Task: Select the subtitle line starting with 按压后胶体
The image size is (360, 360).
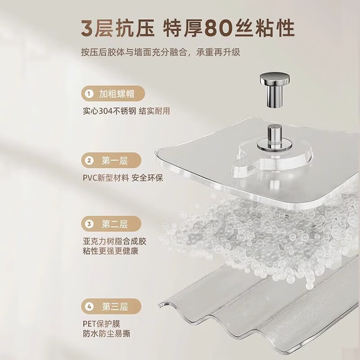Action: pos(161,53)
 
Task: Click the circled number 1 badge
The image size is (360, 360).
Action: pos(90,94)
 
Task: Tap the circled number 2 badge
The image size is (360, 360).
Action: pos(90,161)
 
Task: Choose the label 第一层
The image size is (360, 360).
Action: pos(115,161)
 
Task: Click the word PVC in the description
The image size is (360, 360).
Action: pos(91,178)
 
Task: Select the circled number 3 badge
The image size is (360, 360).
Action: pos(90,224)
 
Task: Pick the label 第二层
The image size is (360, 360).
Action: pos(115,224)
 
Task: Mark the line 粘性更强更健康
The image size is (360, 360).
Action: pos(110,251)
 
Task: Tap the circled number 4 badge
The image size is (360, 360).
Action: pos(90,307)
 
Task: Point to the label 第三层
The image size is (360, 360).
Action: pos(115,307)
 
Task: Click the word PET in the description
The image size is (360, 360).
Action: pos(90,324)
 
